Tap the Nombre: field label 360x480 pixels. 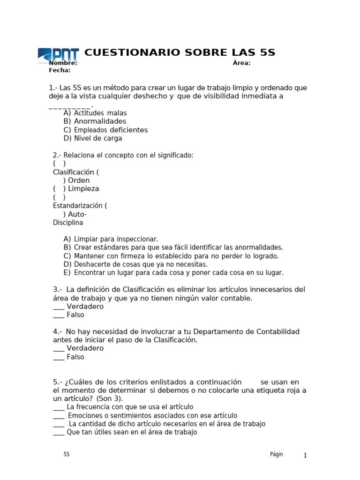(x=63, y=63)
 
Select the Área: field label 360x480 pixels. (x=241, y=63)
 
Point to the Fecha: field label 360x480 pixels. (x=60, y=70)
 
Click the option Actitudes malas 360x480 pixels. (x=100, y=113)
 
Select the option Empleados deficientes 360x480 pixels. (x=111, y=130)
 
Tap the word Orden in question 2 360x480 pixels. (x=79, y=180)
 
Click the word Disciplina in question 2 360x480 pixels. (x=68, y=223)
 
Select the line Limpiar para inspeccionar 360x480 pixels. (x=116, y=239)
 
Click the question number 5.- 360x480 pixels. (x=58, y=382)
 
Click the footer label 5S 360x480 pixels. (x=67, y=454)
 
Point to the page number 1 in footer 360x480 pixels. (x=305, y=456)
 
